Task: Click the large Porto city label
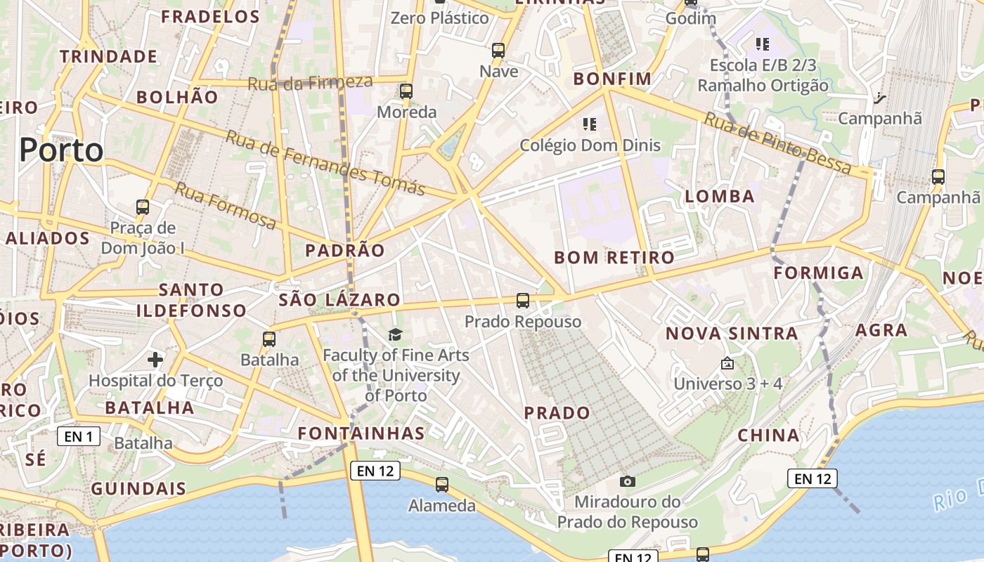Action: (61, 150)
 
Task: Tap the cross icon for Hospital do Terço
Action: (155, 360)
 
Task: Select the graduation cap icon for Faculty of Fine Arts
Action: (396, 334)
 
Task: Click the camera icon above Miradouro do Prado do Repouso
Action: (628, 481)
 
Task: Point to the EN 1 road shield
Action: (78, 436)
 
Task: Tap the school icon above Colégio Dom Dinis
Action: (590, 125)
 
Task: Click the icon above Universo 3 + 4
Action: (727, 364)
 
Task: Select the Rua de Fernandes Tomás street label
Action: (325, 162)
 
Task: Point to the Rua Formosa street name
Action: (225, 205)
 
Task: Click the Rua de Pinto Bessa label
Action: (778, 143)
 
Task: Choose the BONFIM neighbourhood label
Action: (612, 79)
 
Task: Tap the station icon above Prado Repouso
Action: (523, 301)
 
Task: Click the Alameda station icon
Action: (441, 485)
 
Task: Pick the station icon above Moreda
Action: (406, 91)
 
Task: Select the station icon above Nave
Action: (498, 51)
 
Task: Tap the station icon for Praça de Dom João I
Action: (143, 207)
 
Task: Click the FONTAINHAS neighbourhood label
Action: (361, 433)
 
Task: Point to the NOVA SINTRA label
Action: (732, 333)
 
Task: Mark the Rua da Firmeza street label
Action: (309, 83)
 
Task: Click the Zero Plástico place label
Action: (440, 18)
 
